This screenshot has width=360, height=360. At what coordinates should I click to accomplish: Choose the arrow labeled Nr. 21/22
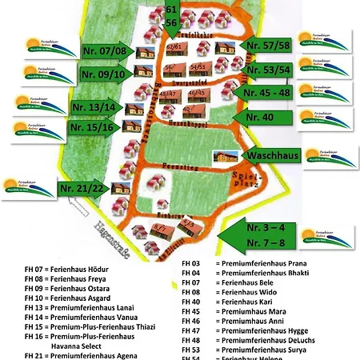(x=83, y=189)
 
